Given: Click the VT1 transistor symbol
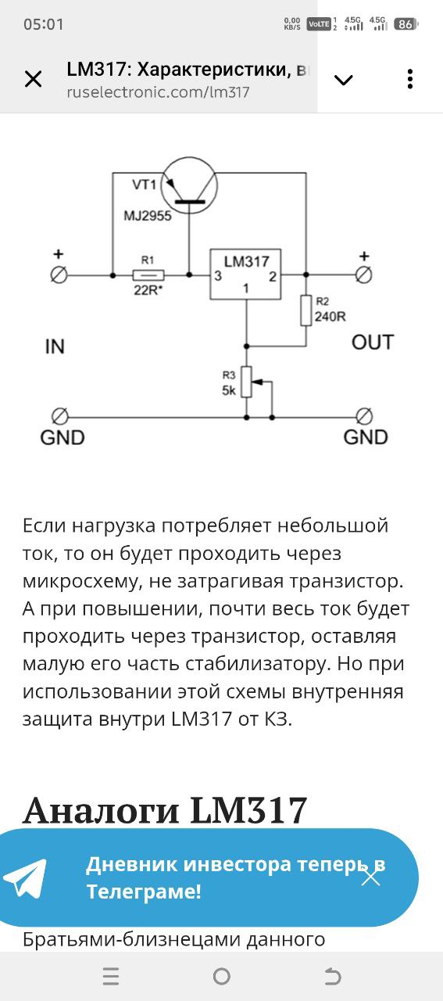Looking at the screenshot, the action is click(189, 186).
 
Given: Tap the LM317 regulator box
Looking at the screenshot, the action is click(245, 274).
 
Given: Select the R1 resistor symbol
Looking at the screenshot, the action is click(148, 275).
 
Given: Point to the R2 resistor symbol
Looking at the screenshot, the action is click(306, 310).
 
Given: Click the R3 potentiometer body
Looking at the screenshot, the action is click(247, 382).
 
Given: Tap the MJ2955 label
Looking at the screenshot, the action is click(148, 216).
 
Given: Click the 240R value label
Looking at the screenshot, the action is click(330, 317).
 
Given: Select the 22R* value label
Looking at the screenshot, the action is click(148, 290).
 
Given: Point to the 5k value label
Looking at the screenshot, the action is click(229, 390).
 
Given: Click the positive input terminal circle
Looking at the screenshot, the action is click(59, 275).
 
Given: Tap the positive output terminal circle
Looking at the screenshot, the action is click(363, 274).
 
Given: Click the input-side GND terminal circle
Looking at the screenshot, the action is click(59, 417).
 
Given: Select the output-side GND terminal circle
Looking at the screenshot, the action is click(364, 417).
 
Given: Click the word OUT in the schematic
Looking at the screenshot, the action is click(373, 343).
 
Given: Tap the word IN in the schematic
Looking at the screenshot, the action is click(55, 346).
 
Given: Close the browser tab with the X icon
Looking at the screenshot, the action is click(33, 80).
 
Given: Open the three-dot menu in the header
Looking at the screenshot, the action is click(410, 79).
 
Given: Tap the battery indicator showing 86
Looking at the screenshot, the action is click(406, 24).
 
